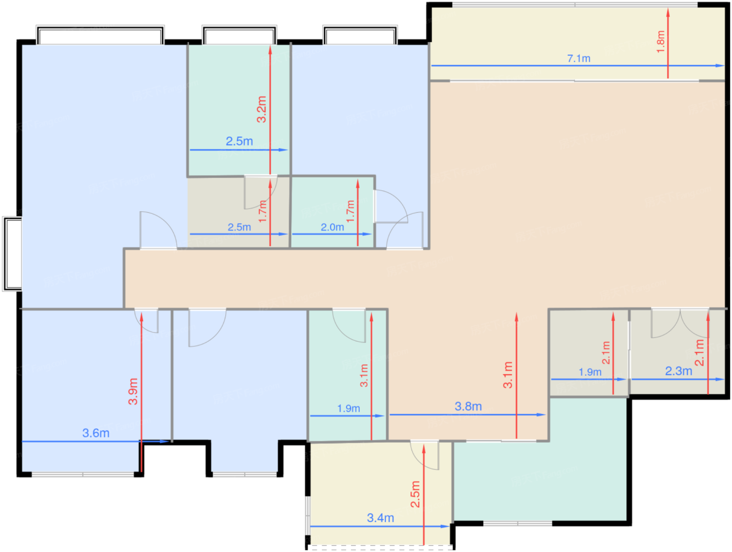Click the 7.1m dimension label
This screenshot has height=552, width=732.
[578, 59]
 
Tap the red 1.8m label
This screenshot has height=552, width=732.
[660, 41]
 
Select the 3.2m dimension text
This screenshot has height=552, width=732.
[261, 109]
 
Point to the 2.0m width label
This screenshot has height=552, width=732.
[332, 227]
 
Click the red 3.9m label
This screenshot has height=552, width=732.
[133, 391]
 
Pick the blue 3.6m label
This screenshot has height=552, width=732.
[96, 433]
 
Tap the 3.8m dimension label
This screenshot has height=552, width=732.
[468, 406]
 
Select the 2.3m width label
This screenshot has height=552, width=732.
[678, 371]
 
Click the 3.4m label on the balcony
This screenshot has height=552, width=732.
[380, 517]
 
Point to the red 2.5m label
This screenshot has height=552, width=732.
[415, 494]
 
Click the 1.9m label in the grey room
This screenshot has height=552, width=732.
[590, 372]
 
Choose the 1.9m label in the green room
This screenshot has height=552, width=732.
[348, 408]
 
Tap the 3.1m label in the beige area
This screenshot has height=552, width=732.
[508, 375]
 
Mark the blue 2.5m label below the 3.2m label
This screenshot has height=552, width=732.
[239, 141]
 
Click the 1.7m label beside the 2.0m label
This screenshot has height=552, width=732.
[350, 211]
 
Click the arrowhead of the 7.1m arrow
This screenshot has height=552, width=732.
[720, 66]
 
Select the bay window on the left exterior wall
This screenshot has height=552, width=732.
[13, 254]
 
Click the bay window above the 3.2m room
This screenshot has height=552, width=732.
[239, 35]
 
